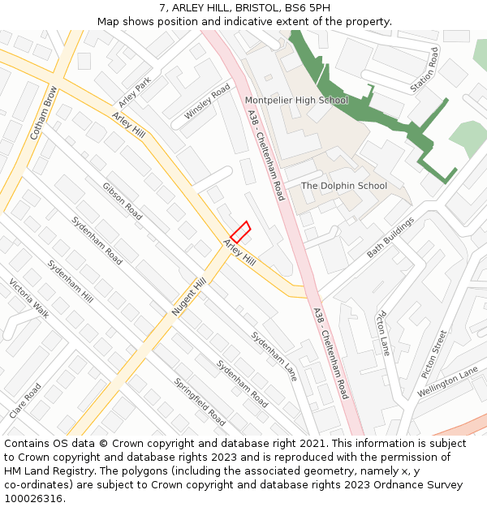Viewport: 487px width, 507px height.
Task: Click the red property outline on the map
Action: point(240,230)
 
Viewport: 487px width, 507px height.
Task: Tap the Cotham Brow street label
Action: point(44,113)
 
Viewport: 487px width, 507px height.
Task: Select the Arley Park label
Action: point(135,92)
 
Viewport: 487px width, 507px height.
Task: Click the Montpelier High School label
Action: point(296,101)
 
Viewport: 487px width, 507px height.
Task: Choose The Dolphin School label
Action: point(344,186)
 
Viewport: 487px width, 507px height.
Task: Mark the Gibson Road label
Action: point(123,201)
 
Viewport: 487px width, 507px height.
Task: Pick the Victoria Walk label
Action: point(29,299)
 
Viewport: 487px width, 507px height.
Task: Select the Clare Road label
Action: point(26,401)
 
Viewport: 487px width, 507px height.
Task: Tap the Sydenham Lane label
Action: point(274,356)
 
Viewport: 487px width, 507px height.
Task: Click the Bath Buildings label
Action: point(390,237)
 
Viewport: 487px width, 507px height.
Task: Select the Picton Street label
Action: point(434,354)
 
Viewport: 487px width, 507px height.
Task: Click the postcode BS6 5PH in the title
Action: point(304,8)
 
